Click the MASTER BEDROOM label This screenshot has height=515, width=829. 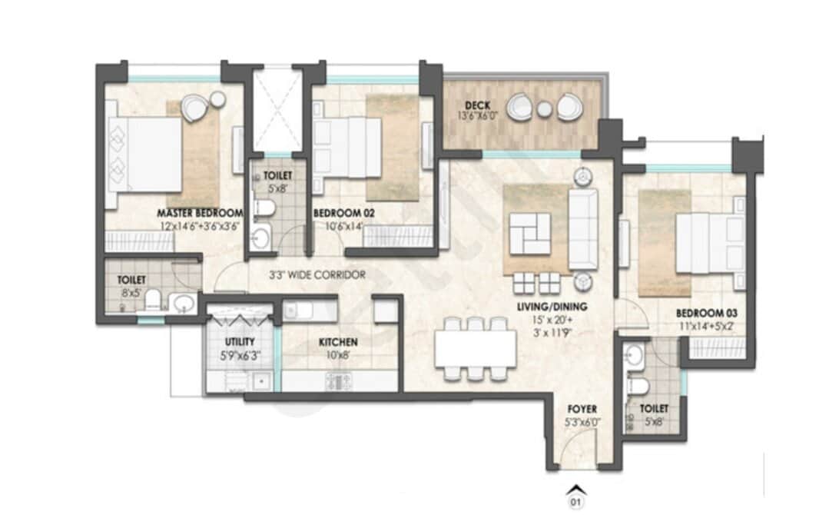click(x=200, y=213)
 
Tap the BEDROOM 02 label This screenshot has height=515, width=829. click(x=344, y=213)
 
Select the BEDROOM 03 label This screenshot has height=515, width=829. click(x=706, y=314)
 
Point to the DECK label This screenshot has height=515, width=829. click(x=477, y=105)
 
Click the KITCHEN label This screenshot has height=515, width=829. click(x=338, y=343)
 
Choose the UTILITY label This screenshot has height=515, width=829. click(x=240, y=341)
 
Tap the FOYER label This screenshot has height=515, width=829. click(x=582, y=409)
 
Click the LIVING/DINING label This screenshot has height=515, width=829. click(x=552, y=307)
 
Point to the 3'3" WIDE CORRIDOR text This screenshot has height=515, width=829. click(x=317, y=275)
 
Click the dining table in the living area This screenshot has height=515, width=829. click(x=476, y=349)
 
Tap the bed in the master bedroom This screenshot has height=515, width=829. click(x=145, y=154)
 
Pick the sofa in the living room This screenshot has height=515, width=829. click(x=583, y=229)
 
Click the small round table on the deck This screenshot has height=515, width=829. click(x=545, y=109)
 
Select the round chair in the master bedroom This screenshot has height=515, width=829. click(x=194, y=108)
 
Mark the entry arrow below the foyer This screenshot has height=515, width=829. click(x=575, y=489)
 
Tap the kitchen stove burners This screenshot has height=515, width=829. click(x=339, y=380)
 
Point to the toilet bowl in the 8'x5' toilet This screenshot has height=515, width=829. click(x=154, y=300)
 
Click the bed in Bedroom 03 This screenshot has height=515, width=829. click(x=711, y=243)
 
